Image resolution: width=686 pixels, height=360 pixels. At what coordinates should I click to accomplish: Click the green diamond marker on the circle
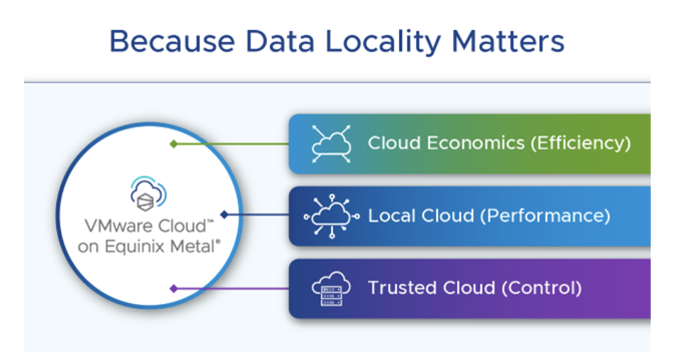[x=174, y=143]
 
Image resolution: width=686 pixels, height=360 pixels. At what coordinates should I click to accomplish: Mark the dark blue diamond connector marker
[x=224, y=215]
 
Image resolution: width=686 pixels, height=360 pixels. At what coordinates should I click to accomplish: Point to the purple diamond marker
[x=174, y=288]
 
